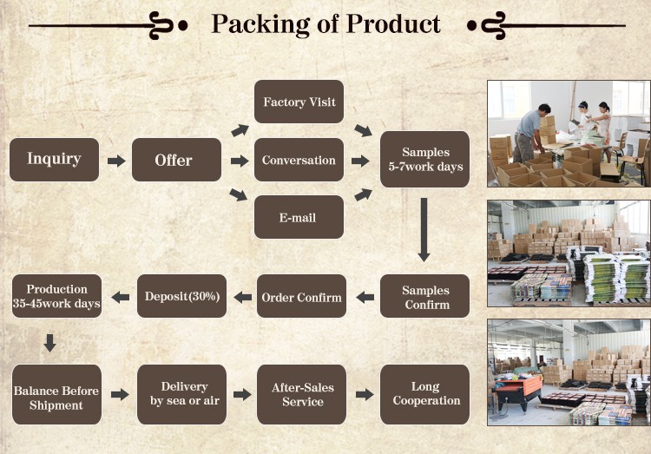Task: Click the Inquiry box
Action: point(54,160)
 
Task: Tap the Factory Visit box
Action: point(299,102)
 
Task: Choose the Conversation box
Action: point(299,160)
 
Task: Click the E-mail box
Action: point(299,217)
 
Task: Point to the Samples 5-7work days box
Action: point(425,160)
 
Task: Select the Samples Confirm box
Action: point(425,297)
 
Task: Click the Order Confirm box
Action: point(301,297)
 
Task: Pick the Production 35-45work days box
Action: point(56,296)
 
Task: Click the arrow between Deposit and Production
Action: point(121,298)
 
